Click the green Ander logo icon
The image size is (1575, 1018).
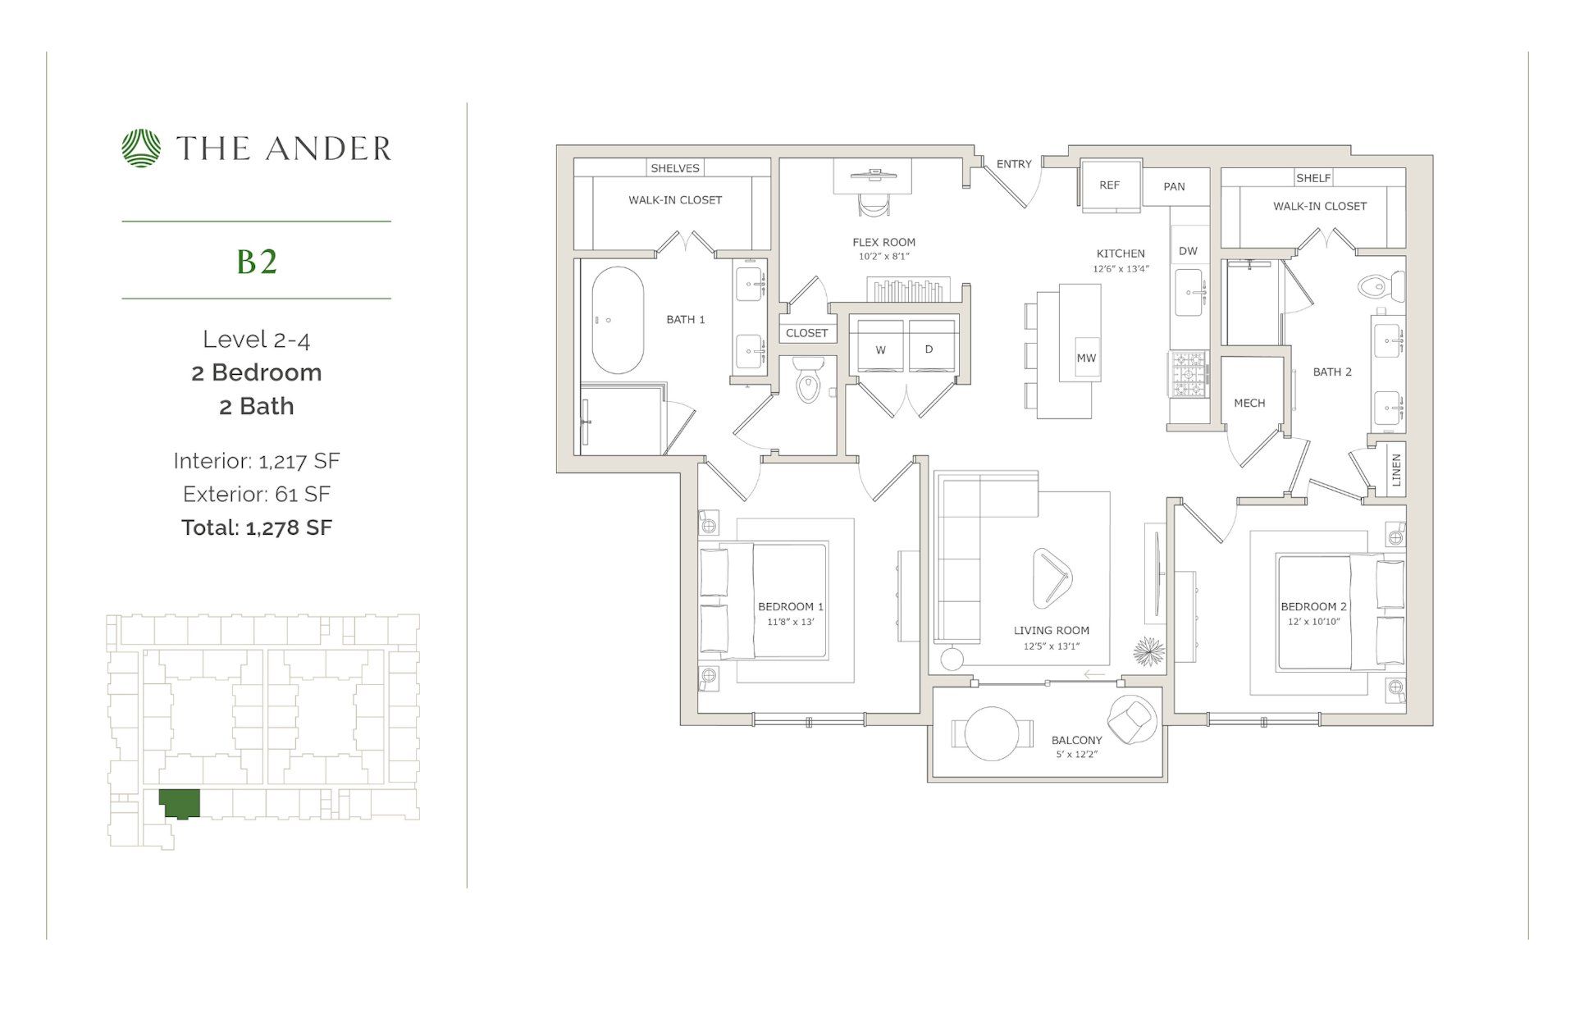pyautogui.click(x=142, y=148)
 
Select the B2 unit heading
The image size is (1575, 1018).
pyautogui.click(x=257, y=262)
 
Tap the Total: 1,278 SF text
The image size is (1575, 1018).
pyautogui.click(x=257, y=527)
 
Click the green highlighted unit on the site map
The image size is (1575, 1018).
pyautogui.click(x=179, y=802)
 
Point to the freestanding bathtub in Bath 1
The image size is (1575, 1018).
pyautogui.click(x=617, y=320)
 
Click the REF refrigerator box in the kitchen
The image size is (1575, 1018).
pyautogui.click(x=1109, y=185)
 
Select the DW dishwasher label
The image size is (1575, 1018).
pyautogui.click(x=1188, y=251)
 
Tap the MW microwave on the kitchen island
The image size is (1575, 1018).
pyautogui.click(x=1086, y=358)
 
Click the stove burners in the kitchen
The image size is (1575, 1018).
pyautogui.click(x=1187, y=374)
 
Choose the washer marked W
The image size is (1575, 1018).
pyautogui.click(x=880, y=349)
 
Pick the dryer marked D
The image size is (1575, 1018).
pyautogui.click(x=929, y=349)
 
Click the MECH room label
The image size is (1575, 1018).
pyautogui.click(x=1249, y=403)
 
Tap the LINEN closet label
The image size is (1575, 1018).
pyautogui.click(x=1396, y=470)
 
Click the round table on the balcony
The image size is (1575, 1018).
pyautogui.click(x=992, y=733)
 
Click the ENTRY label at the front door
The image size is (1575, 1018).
pyautogui.click(x=1014, y=164)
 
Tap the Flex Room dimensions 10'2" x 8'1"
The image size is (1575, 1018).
pyautogui.click(x=884, y=257)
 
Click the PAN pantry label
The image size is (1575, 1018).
pyautogui.click(x=1174, y=186)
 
